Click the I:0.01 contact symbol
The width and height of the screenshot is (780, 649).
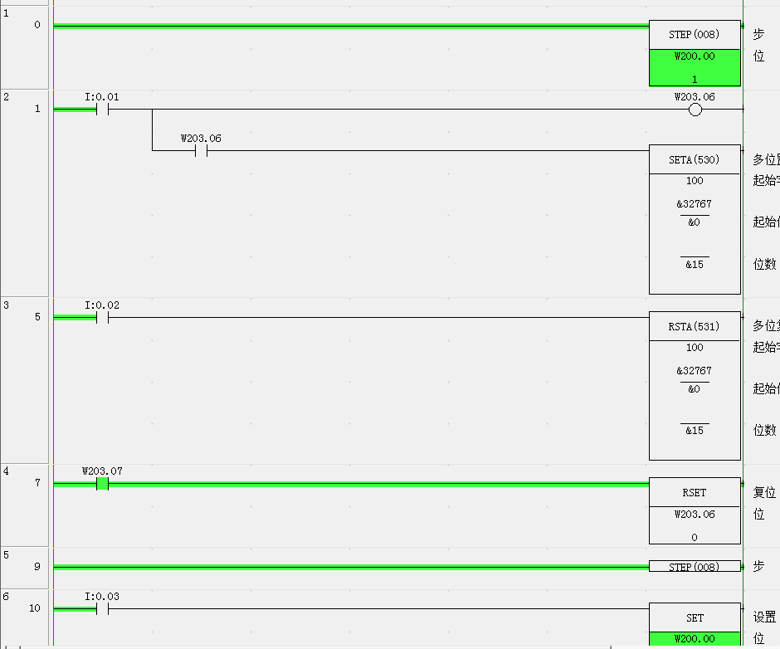click(103, 109)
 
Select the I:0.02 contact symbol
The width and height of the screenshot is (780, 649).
click(103, 317)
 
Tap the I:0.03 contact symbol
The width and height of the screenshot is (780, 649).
click(103, 608)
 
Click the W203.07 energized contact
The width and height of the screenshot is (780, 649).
click(103, 484)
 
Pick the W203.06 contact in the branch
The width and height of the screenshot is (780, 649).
click(201, 150)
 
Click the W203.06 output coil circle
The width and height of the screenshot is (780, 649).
click(695, 110)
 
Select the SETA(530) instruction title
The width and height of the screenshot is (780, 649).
click(695, 160)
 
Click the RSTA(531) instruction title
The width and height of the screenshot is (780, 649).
click(695, 327)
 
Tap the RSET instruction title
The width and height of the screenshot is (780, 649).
click(695, 493)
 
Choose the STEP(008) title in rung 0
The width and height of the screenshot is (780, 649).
click(695, 35)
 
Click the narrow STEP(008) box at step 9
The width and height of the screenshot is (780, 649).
click(695, 567)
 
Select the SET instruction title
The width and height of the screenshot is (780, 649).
click(695, 617)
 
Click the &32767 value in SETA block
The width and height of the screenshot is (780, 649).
click(695, 204)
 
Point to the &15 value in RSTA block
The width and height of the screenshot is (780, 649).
click(695, 431)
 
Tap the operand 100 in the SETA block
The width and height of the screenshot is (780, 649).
click(695, 181)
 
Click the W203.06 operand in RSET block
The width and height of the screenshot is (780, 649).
click(695, 515)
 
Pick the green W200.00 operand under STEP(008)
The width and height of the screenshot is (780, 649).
click(695, 56)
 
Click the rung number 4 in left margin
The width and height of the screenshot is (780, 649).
click(7, 471)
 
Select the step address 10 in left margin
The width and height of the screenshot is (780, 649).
click(35, 608)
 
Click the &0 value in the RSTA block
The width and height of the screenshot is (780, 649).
click(695, 389)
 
